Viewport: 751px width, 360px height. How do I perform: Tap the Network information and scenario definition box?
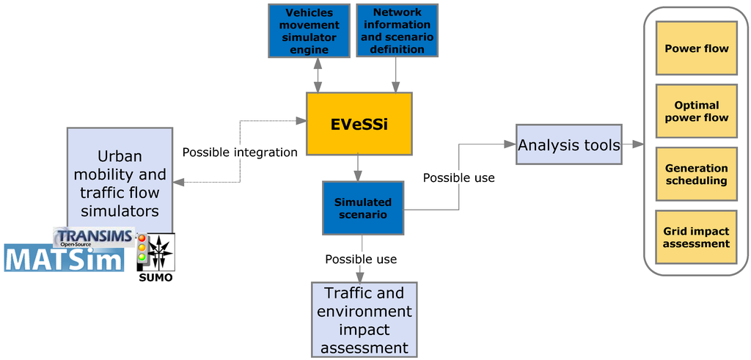pos(397,31)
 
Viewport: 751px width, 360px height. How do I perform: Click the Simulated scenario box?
pos(363,207)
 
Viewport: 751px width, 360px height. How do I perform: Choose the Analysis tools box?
pos(569,144)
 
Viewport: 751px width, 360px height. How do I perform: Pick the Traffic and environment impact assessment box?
pos(364,319)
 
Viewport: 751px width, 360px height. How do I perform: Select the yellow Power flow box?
pos(696,48)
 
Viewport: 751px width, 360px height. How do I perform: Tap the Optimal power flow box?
pos(696,111)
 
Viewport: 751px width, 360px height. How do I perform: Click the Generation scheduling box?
pos(696,175)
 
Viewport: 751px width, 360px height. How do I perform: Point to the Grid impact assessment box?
pos(696,238)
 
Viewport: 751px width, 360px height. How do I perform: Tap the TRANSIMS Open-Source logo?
pos(95,236)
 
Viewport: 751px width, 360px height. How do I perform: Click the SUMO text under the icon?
pos(155,278)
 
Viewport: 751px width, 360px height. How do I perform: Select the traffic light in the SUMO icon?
pos(142,248)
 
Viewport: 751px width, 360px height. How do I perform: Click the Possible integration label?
pos(240,153)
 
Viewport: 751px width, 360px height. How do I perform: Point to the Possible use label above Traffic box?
pos(361,259)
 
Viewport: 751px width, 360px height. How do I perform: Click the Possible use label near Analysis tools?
pos(458,177)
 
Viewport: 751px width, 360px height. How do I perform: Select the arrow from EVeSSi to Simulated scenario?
pos(357,168)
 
